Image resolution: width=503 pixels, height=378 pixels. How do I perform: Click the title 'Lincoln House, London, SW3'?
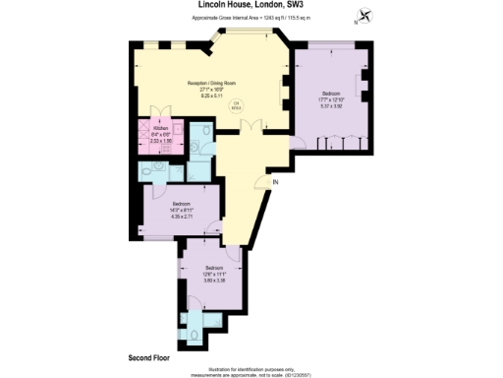click(x=251, y=5)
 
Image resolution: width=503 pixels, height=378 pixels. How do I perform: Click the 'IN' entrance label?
click(x=276, y=182)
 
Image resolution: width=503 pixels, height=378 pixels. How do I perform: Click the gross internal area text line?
click(x=251, y=19)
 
